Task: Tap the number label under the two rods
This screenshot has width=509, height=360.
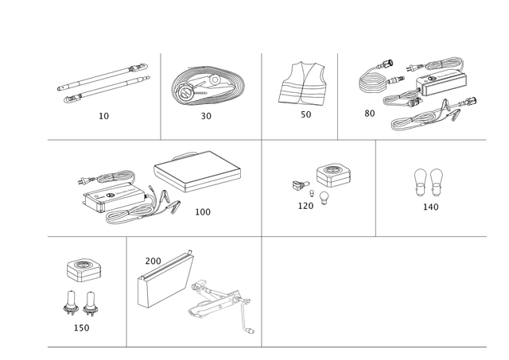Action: (x=103, y=116)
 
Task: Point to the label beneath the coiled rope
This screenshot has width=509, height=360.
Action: (x=206, y=116)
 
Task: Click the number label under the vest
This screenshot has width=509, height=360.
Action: (x=305, y=115)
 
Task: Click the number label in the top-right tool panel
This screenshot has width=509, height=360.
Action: (x=369, y=114)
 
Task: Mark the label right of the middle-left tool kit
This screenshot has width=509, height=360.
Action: (x=203, y=213)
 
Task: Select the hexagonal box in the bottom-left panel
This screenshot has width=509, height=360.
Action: (x=82, y=269)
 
